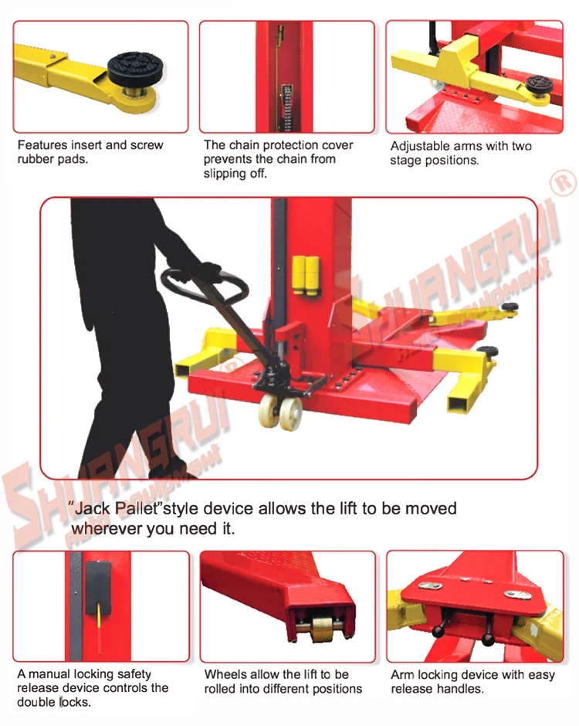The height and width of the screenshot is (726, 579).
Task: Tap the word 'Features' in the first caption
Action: point(42,144)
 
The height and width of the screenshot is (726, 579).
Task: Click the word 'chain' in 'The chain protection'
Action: point(242,145)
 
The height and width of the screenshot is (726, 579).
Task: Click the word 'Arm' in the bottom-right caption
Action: point(403,675)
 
